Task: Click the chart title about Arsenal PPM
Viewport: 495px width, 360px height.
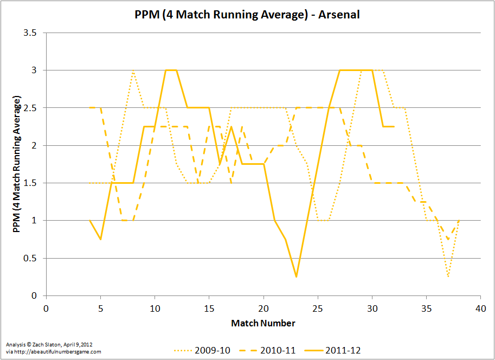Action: [x=247, y=15]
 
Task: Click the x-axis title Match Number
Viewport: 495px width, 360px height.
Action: [x=263, y=323]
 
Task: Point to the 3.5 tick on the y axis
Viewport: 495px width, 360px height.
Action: [x=30, y=33]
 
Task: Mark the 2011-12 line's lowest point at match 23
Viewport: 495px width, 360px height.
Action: [x=296, y=277]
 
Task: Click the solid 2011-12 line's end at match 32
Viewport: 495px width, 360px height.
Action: [x=394, y=126]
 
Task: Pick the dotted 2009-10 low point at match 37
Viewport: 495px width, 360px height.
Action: [x=448, y=277]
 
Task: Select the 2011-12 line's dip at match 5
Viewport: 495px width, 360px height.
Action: [x=100, y=239]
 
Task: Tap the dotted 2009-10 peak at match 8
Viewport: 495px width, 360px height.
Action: [x=133, y=70]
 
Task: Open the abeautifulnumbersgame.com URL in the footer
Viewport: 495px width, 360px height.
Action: [x=54, y=352]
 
